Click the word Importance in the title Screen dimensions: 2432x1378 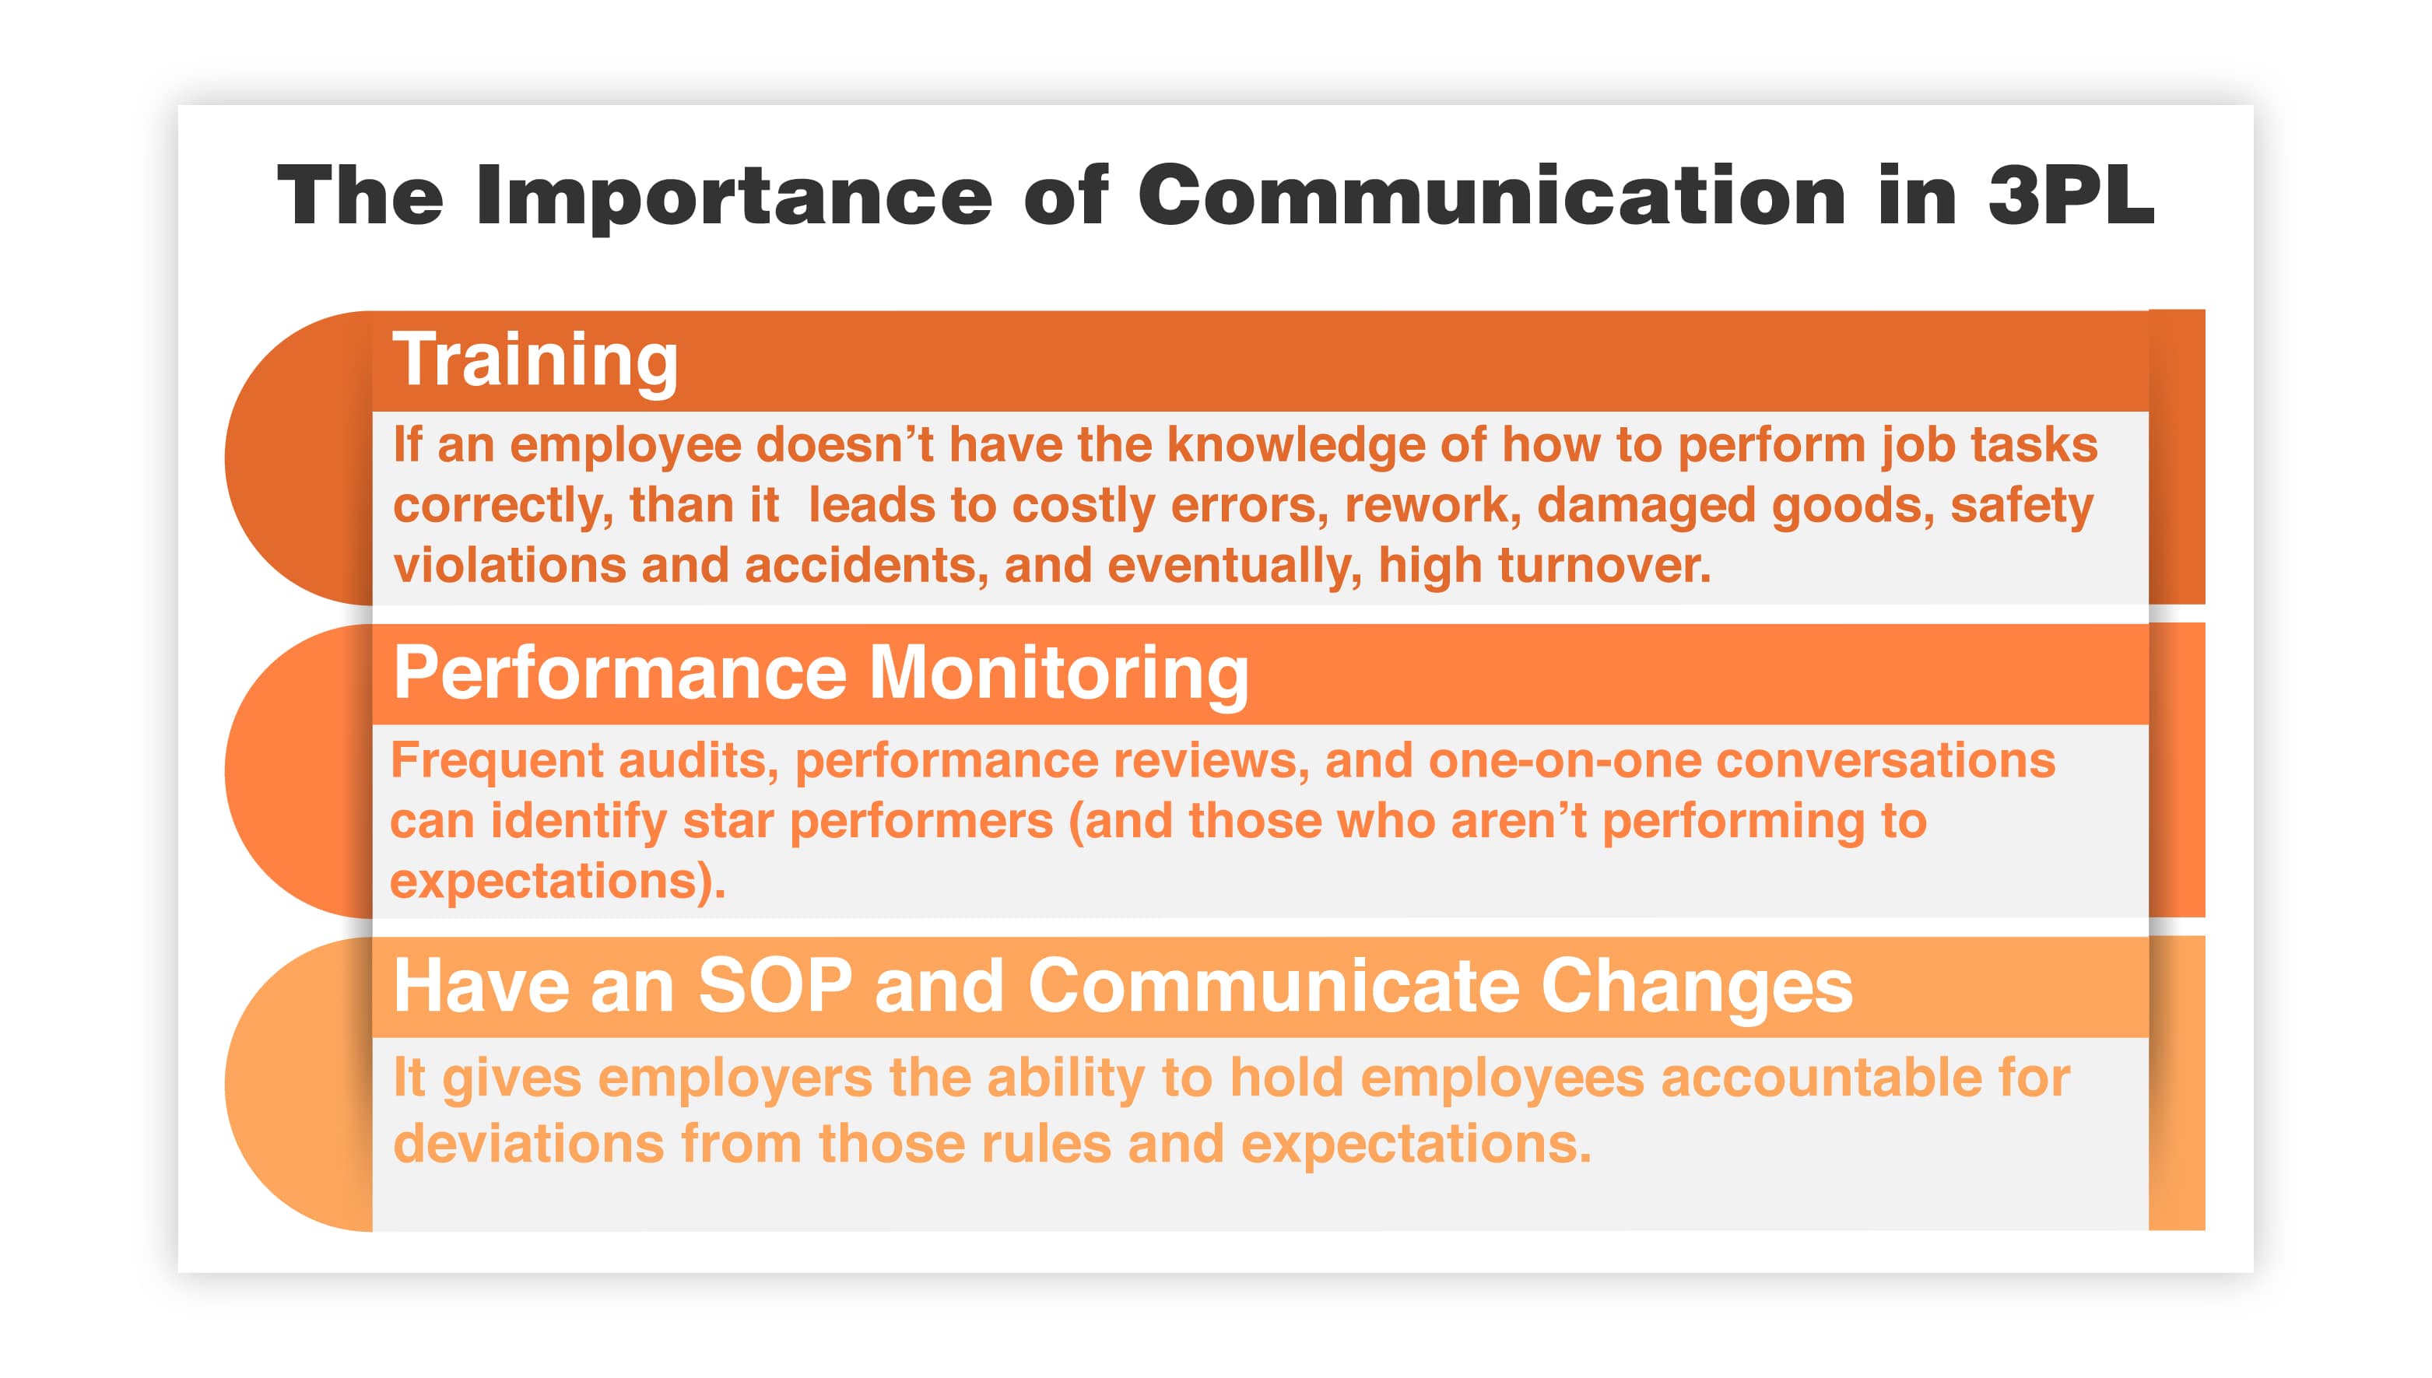coord(733,197)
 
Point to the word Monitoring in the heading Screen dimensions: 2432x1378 coord(1059,674)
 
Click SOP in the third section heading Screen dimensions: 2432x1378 coord(775,985)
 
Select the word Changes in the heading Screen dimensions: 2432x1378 coord(1696,987)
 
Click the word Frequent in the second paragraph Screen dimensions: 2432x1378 coord(497,762)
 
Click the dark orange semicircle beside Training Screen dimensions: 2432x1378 coord(299,458)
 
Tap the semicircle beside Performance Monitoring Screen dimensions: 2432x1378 coord(299,771)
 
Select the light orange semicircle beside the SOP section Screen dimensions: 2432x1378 coord(299,1085)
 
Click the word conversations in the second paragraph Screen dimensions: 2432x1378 coord(1886,761)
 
